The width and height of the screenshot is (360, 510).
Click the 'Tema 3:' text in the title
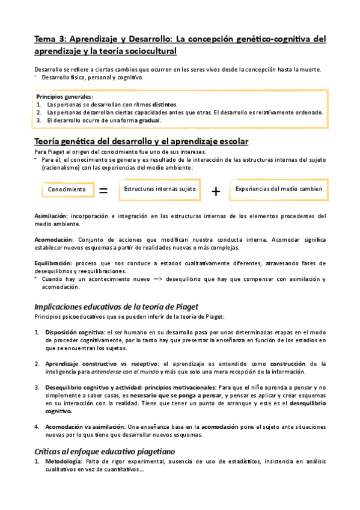[x=50, y=40]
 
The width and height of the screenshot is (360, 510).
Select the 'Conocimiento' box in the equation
[x=67, y=189]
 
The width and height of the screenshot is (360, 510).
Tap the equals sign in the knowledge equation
[x=103, y=191]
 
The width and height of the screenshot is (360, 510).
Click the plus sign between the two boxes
[x=216, y=191]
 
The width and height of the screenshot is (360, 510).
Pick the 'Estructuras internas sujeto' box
[x=160, y=189]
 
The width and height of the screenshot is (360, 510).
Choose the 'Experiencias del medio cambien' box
[x=279, y=189]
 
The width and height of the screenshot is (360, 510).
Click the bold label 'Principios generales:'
[x=64, y=96]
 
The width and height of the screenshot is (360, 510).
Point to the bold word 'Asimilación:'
[x=51, y=215]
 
